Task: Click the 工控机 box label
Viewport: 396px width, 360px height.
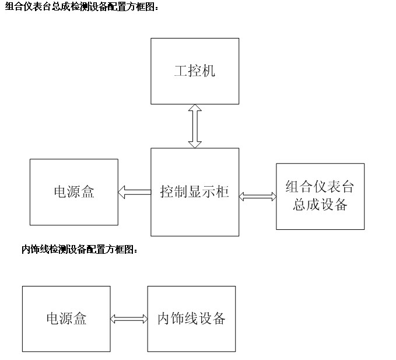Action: pos(195,71)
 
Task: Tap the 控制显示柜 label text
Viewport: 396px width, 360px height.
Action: pos(194,191)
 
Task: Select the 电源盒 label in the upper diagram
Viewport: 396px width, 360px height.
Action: pos(74,191)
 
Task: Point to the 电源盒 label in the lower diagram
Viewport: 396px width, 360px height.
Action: pos(66,319)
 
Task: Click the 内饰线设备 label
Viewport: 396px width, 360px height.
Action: pos(191,319)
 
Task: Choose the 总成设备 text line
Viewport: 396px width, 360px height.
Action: pos(320,204)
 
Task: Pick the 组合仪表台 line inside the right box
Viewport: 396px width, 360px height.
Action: pos(320,187)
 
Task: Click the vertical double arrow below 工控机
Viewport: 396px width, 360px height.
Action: pos(195,126)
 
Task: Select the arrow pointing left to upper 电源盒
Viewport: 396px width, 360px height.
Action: pos(135,192)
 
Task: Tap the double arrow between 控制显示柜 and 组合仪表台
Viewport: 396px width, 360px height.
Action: pos(258,197)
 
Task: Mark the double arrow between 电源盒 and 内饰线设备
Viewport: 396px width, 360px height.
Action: pos(129,319)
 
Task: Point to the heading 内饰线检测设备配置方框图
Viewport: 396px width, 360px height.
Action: pos(80,249)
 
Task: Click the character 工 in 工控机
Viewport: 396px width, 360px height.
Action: pos(181,71)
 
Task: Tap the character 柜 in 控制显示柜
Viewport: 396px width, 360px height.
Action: pos(223,191)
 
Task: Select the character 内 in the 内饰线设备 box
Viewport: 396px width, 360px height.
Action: pos(164,319)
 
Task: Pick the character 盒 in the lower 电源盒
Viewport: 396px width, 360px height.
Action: pos(80,319)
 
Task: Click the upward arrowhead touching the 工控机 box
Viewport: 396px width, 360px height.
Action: pos(195,107)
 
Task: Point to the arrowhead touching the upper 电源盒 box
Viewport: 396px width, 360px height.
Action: pos(121,192)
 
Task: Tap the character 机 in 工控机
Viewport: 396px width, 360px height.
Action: pos(209,71)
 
